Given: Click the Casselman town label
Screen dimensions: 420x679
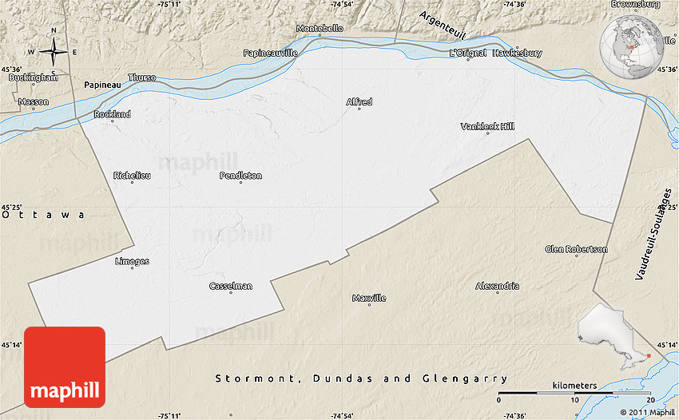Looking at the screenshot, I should (x=231, y=286).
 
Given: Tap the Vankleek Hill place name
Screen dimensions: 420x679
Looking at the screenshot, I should (x=488, y=126).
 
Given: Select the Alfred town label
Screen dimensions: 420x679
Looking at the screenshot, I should (x=359, y=101).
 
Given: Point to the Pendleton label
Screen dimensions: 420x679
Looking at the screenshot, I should (x=240, y=176).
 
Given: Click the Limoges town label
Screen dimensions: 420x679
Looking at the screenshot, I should (x=132, y=261).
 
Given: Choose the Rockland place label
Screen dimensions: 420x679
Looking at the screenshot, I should (x=112, y=114).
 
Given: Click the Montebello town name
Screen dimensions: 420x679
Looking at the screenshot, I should (x=320, y=28).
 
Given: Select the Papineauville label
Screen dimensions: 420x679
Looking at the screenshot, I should (x=271, y=53).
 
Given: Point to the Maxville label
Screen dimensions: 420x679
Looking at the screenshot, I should (x=369, y=298).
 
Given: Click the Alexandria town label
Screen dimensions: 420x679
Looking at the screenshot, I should (x=497, y=286).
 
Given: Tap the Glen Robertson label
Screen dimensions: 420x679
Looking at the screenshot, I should (x=576, y=249).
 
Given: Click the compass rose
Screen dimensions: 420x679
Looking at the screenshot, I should (x=54, y=53).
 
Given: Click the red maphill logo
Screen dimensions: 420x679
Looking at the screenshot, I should (x=65, y=367).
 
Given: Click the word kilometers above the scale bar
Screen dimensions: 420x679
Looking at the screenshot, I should (x=574, y=385).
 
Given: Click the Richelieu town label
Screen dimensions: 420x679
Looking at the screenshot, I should (x=132, y=176).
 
